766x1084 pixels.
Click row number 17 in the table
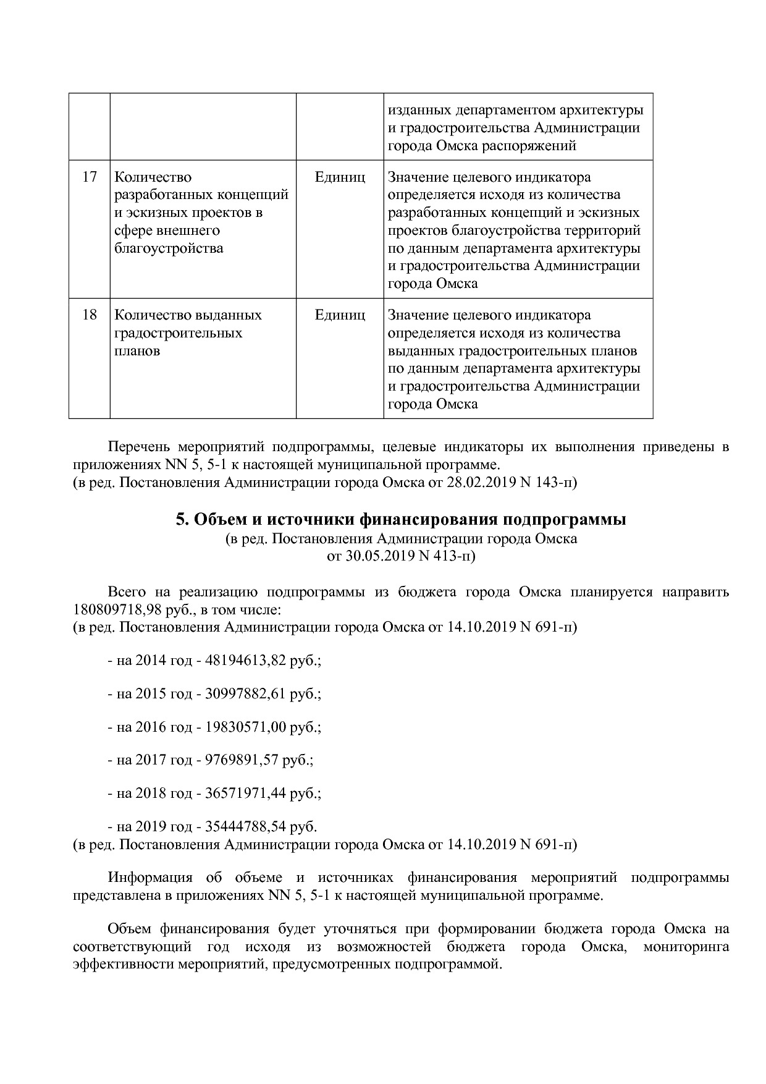(90, 177)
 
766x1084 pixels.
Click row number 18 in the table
(90, 315)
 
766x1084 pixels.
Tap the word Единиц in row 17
(340, 177)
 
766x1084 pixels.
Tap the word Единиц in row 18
(340, 315)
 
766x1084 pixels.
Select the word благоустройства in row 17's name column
(169, 248)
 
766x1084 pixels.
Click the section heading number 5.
(181, 520)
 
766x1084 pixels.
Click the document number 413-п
(453, 556)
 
